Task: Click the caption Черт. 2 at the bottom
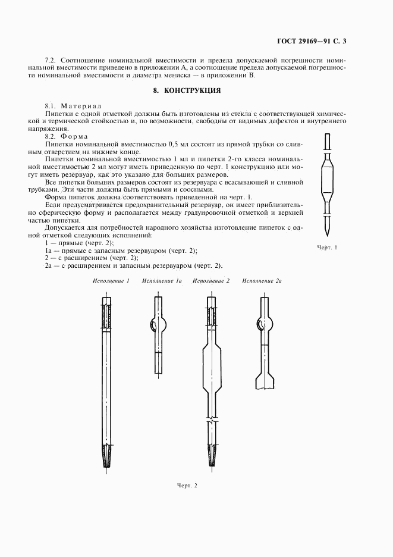point(187,485)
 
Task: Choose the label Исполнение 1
point(111,280)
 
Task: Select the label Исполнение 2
point(211,280)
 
